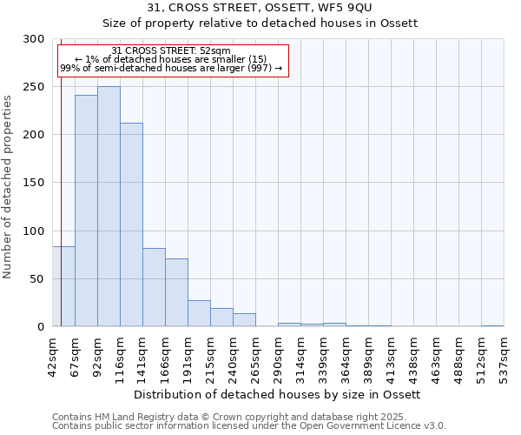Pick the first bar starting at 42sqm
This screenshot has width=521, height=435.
pyautogui.click(x=63, y=286)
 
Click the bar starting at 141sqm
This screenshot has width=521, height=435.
pyautogui.click(x=154, y=287)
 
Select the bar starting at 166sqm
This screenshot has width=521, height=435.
pyautogui.click(x=176, y=292)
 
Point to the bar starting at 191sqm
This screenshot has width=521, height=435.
pyautogui.click(x=199, y=313)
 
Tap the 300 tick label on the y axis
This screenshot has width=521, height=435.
pyautogui.click(x=34, y=39)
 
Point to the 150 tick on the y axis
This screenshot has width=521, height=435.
pyautogui.click(x=34, y=183)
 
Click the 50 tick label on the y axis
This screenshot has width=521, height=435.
pyautogui.click(x=36, y=278)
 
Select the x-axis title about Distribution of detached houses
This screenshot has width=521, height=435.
pyautogui.click(x=278, y=394)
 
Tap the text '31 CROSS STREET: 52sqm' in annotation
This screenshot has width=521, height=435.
pyautogui.click(x=171, y=51)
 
